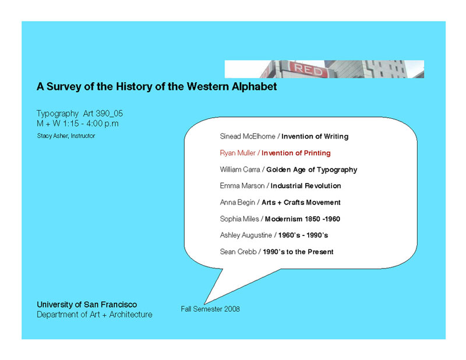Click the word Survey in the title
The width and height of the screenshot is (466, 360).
point(63,87)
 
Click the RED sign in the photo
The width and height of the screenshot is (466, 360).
point(308,70)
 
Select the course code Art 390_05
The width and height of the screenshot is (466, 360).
point(103,114)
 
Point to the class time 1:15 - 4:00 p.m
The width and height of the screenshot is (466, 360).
point(91,123)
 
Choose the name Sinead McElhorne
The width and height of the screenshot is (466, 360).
point(248,136)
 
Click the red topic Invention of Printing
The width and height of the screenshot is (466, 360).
point(296,153)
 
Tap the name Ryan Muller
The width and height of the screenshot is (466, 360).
point(238,153)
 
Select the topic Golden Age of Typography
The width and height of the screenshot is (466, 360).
point(312,170)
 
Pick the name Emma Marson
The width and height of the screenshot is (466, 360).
point(242,186)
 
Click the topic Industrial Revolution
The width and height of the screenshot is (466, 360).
point(306,186)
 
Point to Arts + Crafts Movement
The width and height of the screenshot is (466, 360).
point(301,203)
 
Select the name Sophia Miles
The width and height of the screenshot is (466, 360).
point(239,219)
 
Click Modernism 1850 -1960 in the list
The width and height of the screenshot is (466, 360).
point(302,219)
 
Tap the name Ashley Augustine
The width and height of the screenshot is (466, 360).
point(246,235)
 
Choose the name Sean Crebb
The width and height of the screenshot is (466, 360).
point(238,252)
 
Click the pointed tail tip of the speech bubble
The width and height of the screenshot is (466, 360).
point(205,304)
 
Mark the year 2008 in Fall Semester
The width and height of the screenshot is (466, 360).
point(232,309)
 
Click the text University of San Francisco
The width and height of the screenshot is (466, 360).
point(87,305)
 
